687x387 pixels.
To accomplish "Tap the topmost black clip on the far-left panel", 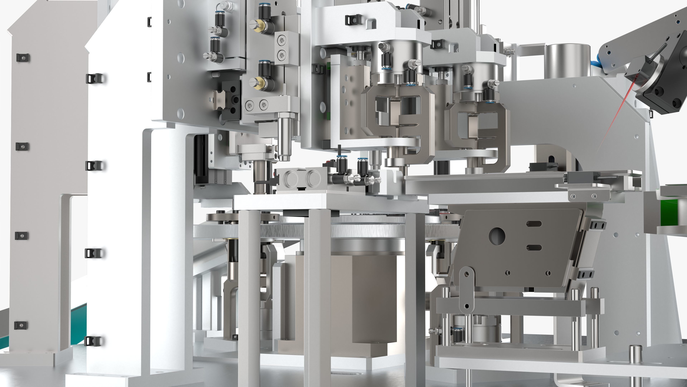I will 23,57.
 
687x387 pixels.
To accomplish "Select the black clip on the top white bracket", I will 353,20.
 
